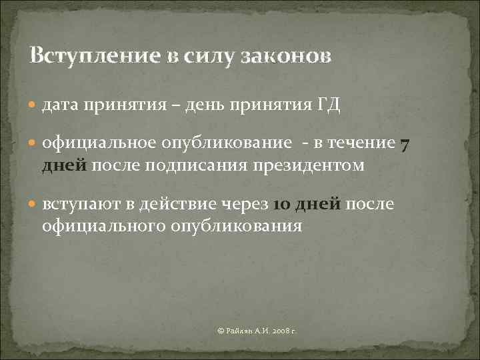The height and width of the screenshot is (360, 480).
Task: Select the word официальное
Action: click(99, 144)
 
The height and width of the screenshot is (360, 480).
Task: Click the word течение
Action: click(364, 144)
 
